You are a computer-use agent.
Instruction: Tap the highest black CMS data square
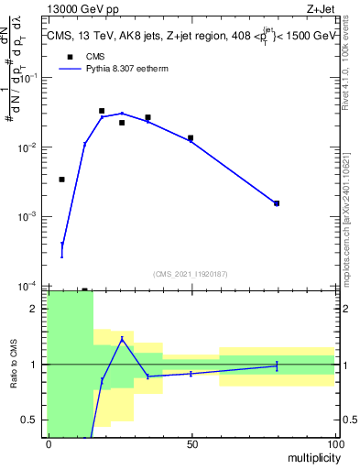coord(102,111)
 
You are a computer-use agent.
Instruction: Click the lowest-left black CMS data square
coord(61,180)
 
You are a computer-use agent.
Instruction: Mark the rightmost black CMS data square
coord(277,203)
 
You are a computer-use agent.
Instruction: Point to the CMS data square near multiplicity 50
coord(191,138)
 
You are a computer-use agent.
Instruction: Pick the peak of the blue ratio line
coord(122,339)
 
